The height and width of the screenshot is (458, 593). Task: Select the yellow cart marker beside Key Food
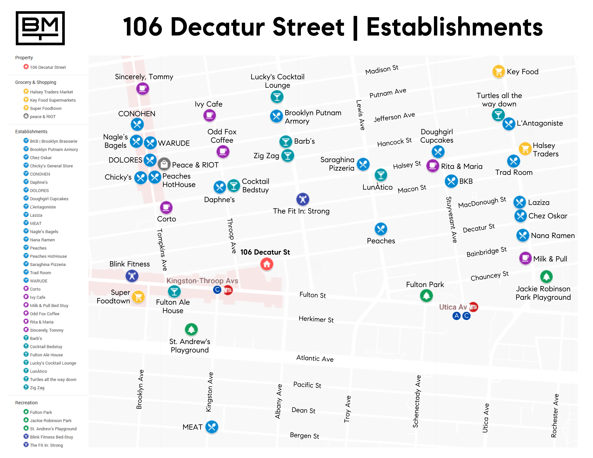(498, 72)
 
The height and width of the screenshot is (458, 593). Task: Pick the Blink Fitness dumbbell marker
(132, 276)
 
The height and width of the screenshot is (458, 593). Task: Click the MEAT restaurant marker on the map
(212, 427)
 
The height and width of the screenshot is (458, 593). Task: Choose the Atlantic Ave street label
(315, 358)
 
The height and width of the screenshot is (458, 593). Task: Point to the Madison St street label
(382, 70)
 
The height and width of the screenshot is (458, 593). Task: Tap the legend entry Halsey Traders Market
(51, 92)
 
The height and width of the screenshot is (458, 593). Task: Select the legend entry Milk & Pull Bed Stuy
(49, 306)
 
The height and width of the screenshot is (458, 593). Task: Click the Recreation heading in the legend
(26, 403)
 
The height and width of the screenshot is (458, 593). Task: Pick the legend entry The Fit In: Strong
(46, 445)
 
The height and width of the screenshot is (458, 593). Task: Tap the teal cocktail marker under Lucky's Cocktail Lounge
(277, 97)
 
